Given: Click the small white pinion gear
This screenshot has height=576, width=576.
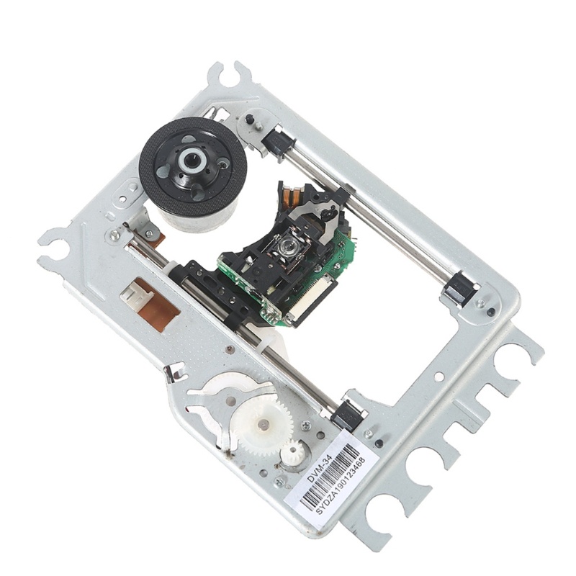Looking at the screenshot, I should tap(294, 454).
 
